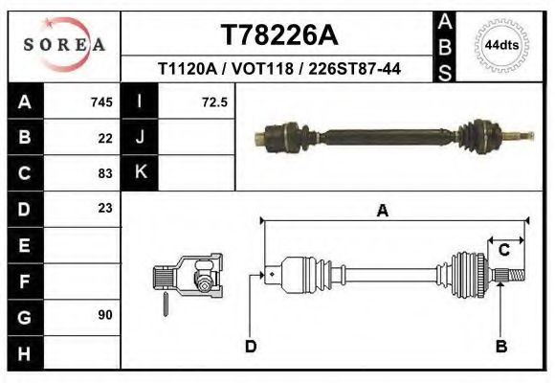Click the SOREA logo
[x=63, y=45]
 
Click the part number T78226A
[x=279, y=35]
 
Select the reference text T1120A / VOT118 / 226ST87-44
[x=279, y=69]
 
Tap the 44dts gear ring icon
[x=501, y=45]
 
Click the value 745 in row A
[x=101, y=102]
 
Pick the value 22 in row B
[x=105, y=138]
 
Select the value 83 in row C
[x=105, y=173]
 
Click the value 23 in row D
[x=105, y=208]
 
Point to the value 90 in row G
[x=105, y=315]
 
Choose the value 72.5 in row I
[x=214, y=102]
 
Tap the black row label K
[x=140, y=173]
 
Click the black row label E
[x=24, y=244]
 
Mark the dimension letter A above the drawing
[x=382, y=212]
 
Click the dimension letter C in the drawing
[x=503, y=250]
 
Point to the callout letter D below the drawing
[x=251, y=347]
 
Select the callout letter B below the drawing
[x=500, y=347]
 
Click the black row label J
[x=140, y=138]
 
